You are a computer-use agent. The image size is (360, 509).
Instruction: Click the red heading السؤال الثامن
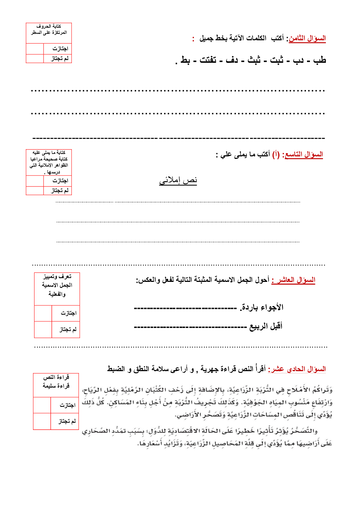click(307, 38)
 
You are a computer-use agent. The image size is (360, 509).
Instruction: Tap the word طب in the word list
click(319, 60)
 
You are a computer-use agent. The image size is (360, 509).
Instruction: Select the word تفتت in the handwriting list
click(208, 60)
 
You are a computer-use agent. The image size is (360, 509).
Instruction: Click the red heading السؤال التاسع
click(304, 155)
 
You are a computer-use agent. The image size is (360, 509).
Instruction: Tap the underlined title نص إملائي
click(178, 180)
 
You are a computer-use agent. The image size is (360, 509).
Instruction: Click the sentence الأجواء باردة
click(262, 308)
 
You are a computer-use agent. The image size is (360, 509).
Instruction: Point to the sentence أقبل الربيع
click(266, 327)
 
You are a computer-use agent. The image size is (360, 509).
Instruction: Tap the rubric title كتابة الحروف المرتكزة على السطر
click(49, 29)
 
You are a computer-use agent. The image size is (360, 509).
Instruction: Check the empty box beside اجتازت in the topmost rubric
click(35, 49)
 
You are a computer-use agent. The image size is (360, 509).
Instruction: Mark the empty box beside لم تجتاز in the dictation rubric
click(35, 190)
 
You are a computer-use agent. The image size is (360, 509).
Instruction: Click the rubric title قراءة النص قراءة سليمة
click(56, 382)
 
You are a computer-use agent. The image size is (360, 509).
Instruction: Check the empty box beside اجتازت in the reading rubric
click(42, 405)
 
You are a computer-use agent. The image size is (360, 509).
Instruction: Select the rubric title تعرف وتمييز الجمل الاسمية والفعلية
click(57, 285)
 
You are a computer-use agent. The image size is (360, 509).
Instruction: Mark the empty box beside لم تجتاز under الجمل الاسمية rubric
click(43, 329)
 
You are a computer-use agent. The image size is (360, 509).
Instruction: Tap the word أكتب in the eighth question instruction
click(277, 38)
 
